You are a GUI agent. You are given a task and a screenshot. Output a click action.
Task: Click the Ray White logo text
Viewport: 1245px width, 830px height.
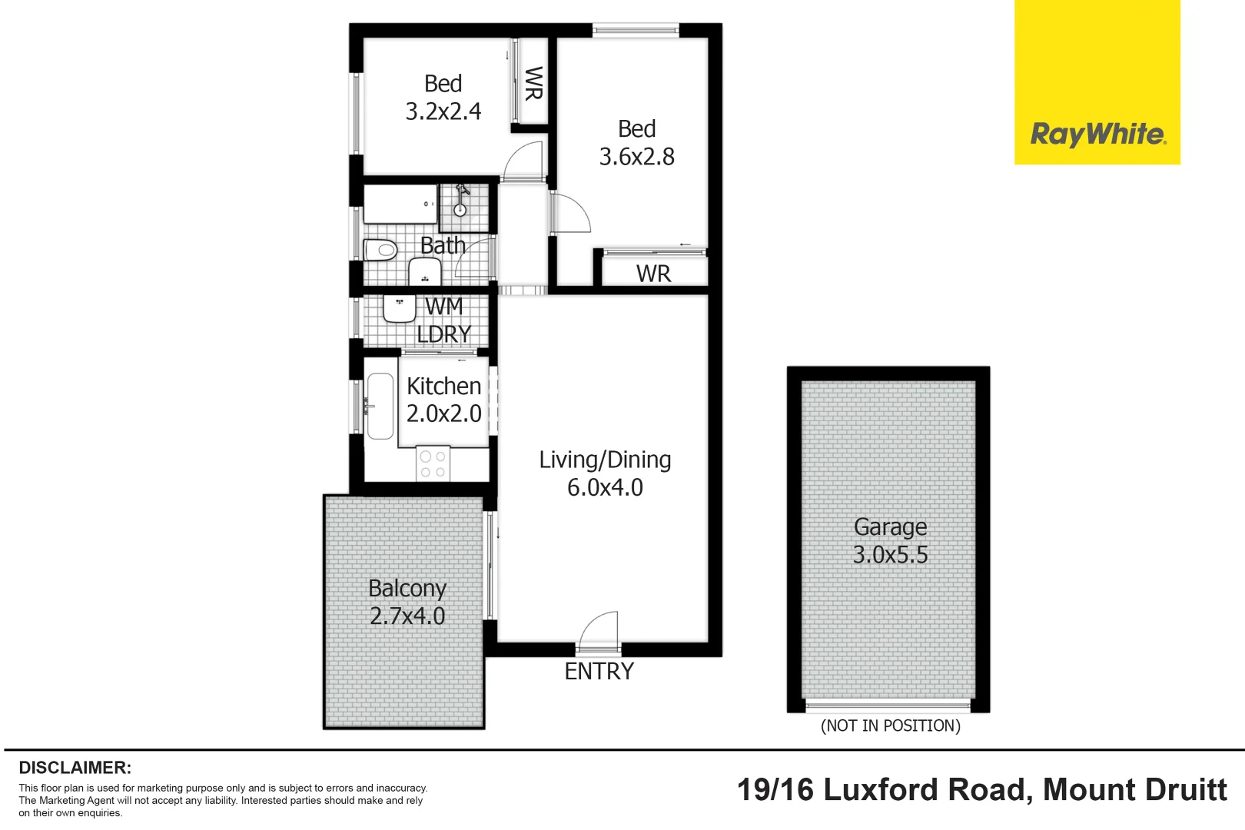coord(1097,134)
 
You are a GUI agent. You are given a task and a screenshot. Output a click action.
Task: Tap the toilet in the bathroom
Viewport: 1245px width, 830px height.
coord(380,250)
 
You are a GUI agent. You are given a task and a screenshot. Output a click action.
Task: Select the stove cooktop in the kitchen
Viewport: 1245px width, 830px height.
coord(433,464)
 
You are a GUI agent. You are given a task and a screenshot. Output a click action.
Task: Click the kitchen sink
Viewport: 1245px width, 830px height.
coord(380,405)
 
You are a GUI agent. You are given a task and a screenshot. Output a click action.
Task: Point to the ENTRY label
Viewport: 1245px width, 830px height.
coord(599,671)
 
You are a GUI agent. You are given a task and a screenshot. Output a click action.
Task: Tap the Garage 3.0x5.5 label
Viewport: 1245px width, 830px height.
coord(890,540)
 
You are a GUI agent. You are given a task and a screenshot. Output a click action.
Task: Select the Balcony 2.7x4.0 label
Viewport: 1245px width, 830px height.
coord(407,602)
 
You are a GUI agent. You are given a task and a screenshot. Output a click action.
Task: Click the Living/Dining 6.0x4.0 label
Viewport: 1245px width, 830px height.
coord(605,473)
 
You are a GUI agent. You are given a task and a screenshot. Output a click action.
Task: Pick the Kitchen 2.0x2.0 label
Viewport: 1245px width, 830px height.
coord(443,400)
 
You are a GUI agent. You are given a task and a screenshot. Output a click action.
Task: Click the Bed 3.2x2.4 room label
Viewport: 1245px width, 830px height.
coord(443,98)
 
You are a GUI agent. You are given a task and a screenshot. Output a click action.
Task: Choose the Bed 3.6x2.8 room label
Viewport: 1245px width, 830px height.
coord(636,143)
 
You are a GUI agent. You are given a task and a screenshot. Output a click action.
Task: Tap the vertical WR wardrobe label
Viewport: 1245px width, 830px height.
coord(533,83)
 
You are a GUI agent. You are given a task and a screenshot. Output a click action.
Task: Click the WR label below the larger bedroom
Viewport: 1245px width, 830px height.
coord(653,274)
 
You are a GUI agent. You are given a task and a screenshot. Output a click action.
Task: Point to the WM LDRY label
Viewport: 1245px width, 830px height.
coord(443,320)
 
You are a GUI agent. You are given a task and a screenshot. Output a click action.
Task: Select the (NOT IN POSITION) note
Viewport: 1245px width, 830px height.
coord(890,725)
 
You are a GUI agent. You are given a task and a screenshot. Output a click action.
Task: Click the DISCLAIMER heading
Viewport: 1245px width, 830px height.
coord(75,767)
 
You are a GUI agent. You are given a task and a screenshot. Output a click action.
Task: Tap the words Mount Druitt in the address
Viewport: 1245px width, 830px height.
coord(1134,790)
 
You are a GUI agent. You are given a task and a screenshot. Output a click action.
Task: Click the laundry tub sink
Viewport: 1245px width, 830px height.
coord(399,307)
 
